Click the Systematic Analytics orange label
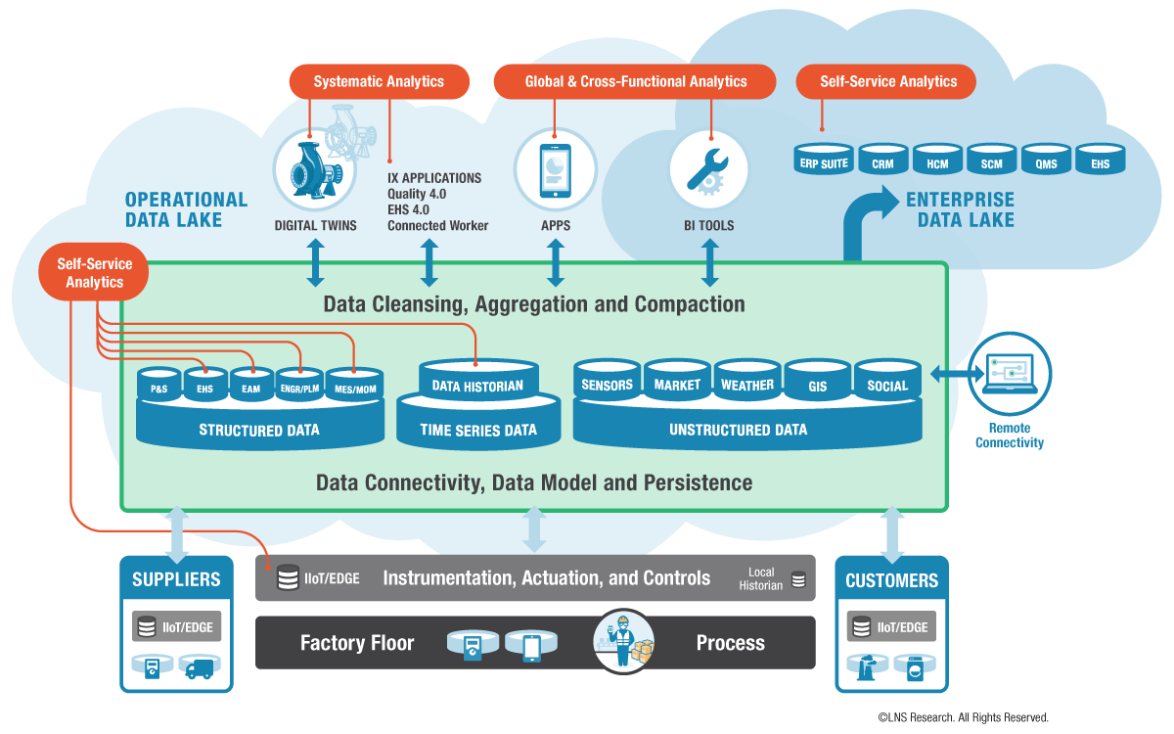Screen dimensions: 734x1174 point(379,82)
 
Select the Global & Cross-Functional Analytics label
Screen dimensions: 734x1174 point(635,82)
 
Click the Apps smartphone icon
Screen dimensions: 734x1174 point(556,168)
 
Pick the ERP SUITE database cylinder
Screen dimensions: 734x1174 point(824,161)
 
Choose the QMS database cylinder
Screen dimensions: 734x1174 point(1046,161)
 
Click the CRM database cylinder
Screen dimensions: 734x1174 point(882,161)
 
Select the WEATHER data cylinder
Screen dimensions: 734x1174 point(747,383)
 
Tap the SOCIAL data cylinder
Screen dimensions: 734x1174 point(887,383)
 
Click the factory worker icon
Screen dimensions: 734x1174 point(622,640)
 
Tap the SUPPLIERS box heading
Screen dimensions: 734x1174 point(176,579)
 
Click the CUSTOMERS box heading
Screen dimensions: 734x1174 point(891,580)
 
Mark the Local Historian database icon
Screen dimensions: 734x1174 point(798,579)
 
